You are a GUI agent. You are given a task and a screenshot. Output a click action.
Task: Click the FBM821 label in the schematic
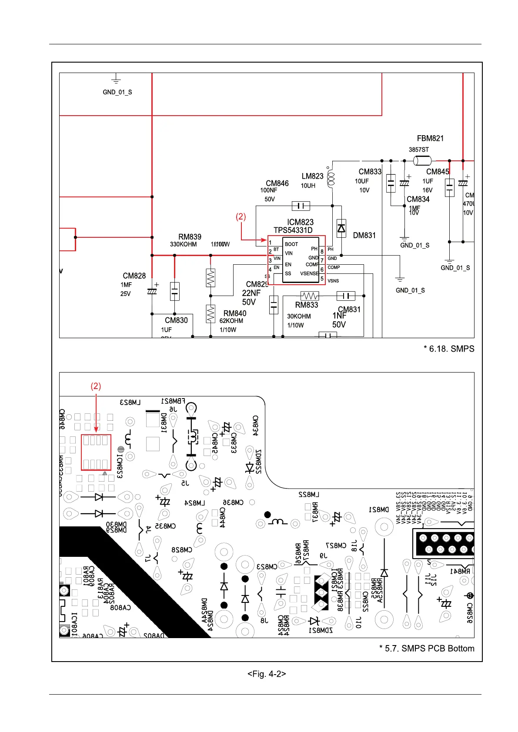pos(430,138)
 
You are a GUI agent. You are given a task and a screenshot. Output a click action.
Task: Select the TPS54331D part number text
pos(293,230)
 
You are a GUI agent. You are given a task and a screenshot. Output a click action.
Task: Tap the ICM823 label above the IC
pos(300,222)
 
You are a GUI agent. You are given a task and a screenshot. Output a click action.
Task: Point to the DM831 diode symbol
pos(341,228)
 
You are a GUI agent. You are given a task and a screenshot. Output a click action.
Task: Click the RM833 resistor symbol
pos(310,296)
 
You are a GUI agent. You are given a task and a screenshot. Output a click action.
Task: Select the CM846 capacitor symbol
pos(301,206)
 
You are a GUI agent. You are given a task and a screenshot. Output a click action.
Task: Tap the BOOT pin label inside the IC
pos(291,244)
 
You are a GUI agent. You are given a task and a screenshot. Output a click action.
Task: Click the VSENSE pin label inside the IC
pos(309,273)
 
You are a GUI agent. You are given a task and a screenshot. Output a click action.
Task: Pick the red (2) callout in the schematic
pos(241,216)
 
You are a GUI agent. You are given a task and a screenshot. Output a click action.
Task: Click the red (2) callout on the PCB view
pos(96,386)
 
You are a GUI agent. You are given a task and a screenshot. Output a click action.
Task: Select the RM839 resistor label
pos(190,237)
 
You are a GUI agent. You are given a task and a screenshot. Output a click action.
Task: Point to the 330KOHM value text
pos(183,244)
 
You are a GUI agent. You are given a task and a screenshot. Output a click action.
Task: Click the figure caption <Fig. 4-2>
pos(267,674)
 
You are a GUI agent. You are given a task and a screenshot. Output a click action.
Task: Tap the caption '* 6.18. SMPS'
pos(449,349)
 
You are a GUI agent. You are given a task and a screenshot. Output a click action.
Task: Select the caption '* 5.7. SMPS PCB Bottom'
pos(427,648)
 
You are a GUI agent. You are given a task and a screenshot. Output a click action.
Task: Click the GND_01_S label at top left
pos(117,92)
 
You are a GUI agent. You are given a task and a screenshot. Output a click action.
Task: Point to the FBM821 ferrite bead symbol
pos(422,161)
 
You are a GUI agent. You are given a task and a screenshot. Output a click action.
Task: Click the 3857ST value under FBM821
pos(418,150)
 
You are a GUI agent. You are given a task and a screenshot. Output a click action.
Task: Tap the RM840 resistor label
pos(235,313)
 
